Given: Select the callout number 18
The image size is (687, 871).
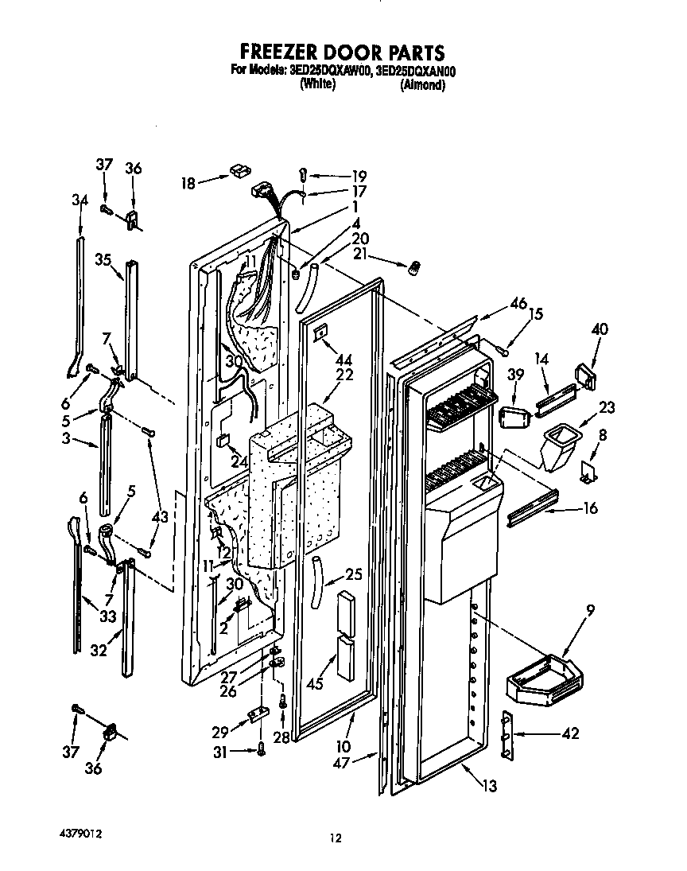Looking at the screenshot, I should pos(188,184).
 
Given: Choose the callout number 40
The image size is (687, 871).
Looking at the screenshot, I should pos(600,329).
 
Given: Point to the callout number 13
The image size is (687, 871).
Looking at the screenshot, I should pos(489,787).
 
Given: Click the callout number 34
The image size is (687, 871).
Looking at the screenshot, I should pos(80,201).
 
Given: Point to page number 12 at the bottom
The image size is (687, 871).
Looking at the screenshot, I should pos(336,838).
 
